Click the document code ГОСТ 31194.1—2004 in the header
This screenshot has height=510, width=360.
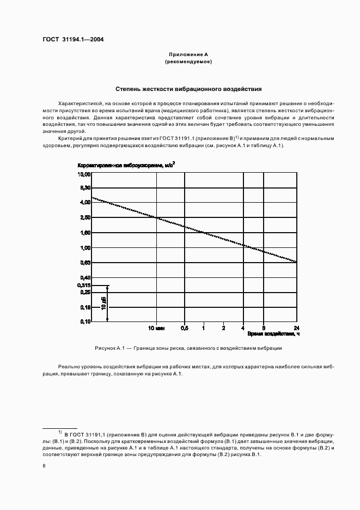tap(73, 39)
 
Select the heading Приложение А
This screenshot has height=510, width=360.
tap(188, 55)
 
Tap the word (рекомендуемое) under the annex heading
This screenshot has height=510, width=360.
tap(188, 62)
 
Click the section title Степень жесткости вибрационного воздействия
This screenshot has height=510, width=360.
tap(188, 88)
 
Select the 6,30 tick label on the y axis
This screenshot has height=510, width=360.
tap(85, 188)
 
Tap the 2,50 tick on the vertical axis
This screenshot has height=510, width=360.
tap(85, 218)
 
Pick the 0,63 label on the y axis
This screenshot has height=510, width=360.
tap(85, 263)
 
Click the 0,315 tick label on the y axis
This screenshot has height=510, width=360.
tap(84, 285)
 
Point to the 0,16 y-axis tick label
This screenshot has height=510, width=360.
tap(85, 307)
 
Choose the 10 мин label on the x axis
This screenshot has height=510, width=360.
tap(156, 328)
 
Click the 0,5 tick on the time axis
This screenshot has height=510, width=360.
tap(184, 328)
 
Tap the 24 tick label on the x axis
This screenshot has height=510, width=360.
tap(296, 328)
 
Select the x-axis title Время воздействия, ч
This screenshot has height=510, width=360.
tap(273, 333)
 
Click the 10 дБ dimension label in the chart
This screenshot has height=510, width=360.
tap(103, 303)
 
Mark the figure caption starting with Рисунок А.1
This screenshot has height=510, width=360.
tap(188, 348)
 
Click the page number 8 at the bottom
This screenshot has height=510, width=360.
tap(44, 466)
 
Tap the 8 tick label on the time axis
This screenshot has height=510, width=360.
tap(264, 328)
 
